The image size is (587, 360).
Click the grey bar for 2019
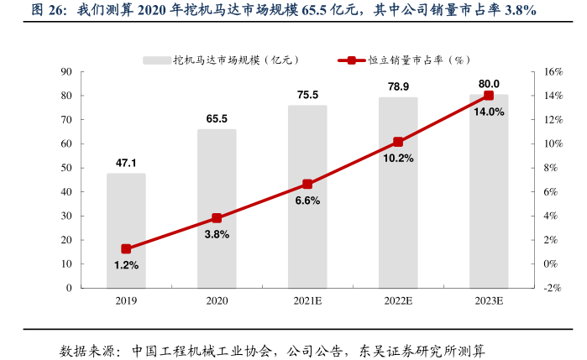tap(126, 231)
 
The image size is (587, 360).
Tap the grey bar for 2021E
tap(307, 196)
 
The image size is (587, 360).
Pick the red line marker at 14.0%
tap(489, 96)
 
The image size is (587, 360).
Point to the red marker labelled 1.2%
tap(126, 249)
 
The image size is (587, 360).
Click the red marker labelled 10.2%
tap(398, 142)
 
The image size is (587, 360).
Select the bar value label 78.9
tap(398, 86)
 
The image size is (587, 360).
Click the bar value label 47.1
tap(126, 163)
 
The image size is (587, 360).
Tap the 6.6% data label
tap(308, 201)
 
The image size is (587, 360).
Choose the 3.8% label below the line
tap(217, 234)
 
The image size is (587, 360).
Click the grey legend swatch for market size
tap(156, 60)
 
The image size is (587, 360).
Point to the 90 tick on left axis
tap(66, 72)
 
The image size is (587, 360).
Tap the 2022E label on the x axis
tap(398, 300)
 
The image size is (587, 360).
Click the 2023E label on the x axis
tap(489, 300)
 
